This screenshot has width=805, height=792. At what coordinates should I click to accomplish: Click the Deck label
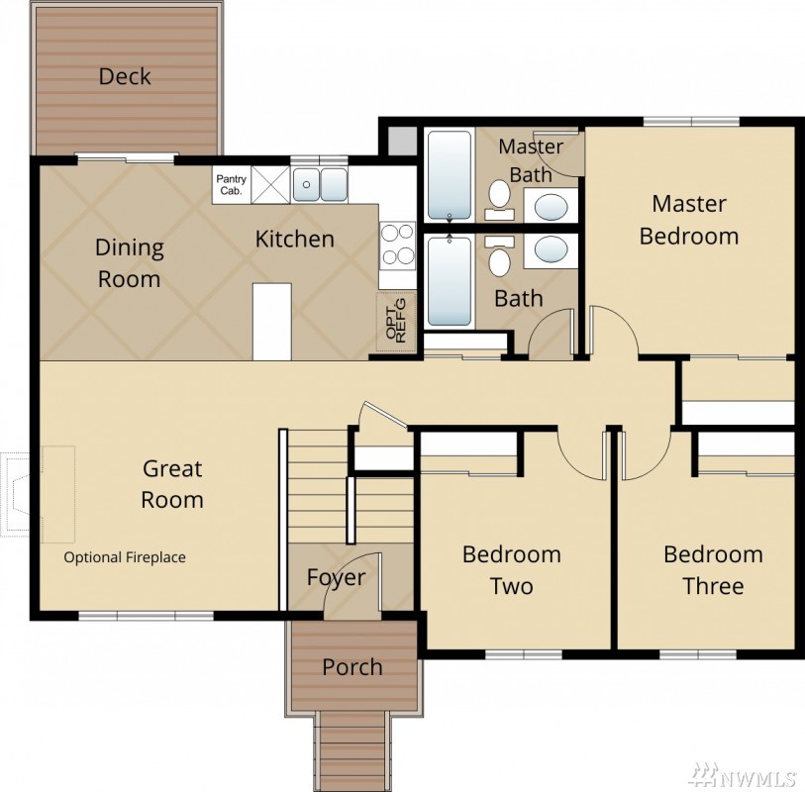point(125,76)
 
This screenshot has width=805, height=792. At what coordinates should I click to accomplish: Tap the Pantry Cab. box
point(232,185)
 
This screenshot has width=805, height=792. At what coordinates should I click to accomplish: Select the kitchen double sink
point(320,185)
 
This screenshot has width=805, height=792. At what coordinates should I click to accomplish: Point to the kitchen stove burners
point(398,246)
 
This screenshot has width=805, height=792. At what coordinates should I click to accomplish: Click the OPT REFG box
point(396,323)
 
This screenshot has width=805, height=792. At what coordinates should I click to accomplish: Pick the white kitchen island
point(272,322)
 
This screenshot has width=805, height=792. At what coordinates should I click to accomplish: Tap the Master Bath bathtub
point(450,175)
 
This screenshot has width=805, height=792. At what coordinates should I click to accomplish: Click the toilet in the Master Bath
point(499,200)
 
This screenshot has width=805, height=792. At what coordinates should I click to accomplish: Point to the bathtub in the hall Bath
point(450,281)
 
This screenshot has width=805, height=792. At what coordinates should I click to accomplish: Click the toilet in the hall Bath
point(499,255)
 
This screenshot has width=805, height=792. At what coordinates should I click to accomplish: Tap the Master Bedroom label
point(689,220)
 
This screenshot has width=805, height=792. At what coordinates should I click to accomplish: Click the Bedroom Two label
point(512,570)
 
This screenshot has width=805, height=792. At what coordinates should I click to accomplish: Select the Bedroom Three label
point(713,570)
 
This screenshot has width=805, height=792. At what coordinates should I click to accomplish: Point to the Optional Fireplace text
point(125,557)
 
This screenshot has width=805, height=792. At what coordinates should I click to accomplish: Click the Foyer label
point(337,578)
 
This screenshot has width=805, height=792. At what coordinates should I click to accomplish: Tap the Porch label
point(352,667)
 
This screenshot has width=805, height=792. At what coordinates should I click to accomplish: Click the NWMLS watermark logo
point(742,775)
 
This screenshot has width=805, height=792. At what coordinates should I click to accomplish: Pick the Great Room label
point(172,484)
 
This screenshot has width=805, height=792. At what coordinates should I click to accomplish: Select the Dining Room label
point(130,263)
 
